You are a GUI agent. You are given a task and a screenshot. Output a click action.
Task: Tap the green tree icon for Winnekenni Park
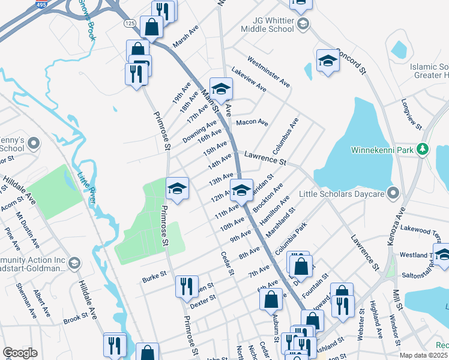coord(423,148)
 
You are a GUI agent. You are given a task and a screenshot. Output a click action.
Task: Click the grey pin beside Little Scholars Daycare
coord(394,193)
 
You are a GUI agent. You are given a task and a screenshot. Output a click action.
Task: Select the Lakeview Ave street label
coord(249,79)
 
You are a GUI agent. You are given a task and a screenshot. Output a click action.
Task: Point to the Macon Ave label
coord(252,122)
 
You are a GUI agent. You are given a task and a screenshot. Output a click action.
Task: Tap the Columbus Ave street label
coord(285,135)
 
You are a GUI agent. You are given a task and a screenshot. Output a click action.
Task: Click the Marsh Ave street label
coord(185,37)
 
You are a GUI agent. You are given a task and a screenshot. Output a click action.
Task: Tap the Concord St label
coord(353,61)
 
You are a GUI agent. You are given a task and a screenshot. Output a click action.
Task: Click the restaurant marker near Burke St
coord(187,286)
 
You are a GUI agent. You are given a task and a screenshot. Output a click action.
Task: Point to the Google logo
coord(20,353)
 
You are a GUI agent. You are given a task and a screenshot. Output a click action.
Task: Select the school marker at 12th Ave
coord(241,190)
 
